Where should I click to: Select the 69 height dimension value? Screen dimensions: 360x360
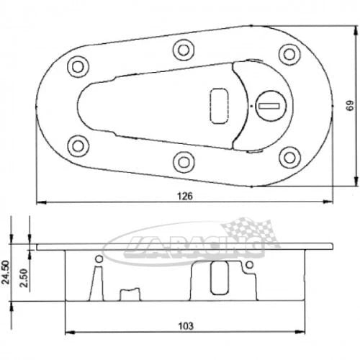coord(349,106)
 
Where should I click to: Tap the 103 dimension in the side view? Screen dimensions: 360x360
coord(185,325)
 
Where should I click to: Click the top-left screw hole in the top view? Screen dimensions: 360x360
coord(77,66)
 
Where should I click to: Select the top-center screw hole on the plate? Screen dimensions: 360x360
coord(181,48)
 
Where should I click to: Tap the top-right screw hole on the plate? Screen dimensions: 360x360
coord(289,53)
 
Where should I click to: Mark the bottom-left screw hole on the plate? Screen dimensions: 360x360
coord(77,143)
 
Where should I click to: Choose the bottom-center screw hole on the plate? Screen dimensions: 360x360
coord(181,160)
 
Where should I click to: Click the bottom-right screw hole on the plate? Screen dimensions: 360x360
coord(289,156)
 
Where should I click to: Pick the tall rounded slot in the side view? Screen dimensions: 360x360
coord(217,281)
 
